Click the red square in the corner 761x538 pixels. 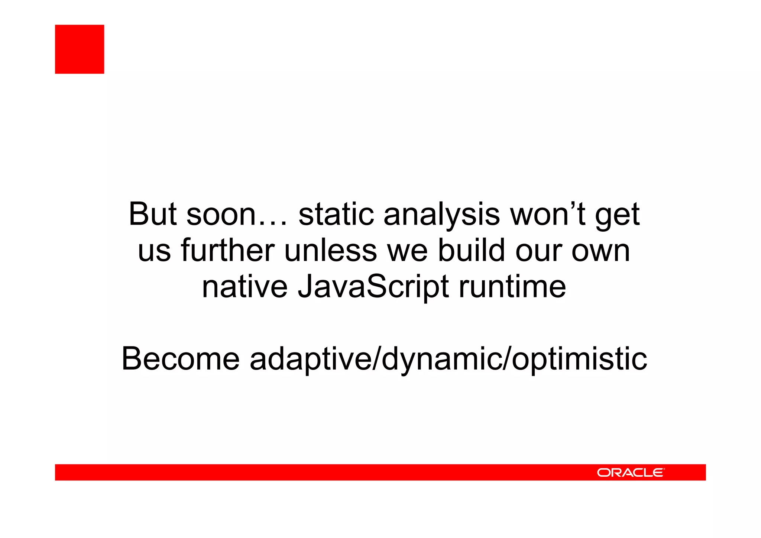pyautogui.click(x=80, y=49)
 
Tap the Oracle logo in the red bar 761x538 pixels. pyautogui.click(x=630, y=473)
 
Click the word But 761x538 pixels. pyautogui.click(x=152, y=214)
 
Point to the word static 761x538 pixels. pyautogui.click(x=336, y=214)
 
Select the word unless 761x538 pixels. pyautogui.click(x=331, y=250)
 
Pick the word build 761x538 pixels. pyautogui.click(x=472, y=250)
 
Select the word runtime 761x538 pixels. pyautogui.click(x=512, y=287)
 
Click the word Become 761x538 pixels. pyautogui.click(x=181, y=359)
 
